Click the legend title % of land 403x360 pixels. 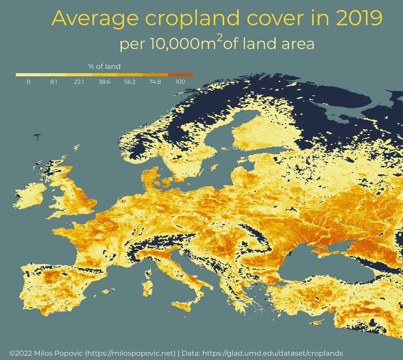tap(104, 66)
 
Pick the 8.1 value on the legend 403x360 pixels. tap(54, 82)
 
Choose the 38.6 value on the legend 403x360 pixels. tap(104, 82)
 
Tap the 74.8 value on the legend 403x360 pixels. tap(155, 82)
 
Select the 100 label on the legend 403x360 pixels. tap(180, 82)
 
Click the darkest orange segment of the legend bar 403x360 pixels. tap(180, 74)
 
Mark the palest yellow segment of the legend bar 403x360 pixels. tap(28, 74)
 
